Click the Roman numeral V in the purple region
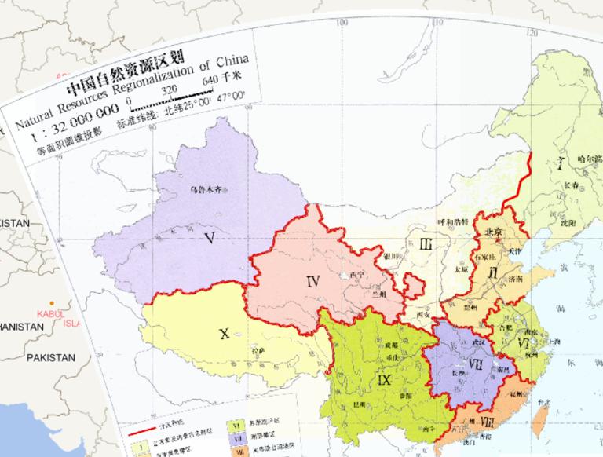(209, 236)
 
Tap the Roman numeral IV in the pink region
(313, 280)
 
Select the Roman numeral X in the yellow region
(225, 334)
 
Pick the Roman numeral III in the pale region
(426, 244)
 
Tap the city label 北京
(494, 232)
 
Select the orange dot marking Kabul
(53, 303)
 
